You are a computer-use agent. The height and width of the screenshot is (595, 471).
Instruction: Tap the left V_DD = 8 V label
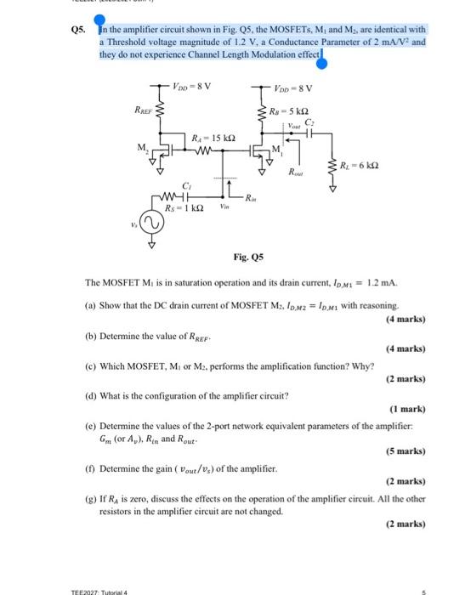pyautogui.click(x=191, y=85)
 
